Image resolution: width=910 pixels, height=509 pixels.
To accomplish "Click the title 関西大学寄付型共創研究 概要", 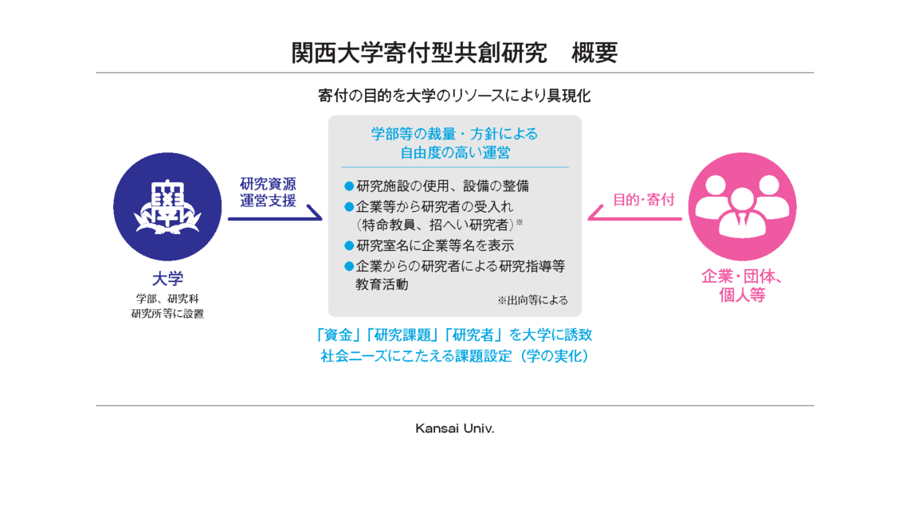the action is (454, 53).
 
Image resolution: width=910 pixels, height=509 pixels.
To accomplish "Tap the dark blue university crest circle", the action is (167, 206).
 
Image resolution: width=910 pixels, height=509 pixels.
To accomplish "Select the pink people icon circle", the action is (743, 206).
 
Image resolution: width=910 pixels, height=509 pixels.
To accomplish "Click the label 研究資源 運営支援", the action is (268, 192).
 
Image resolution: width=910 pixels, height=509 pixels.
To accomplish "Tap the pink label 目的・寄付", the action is (644, 200).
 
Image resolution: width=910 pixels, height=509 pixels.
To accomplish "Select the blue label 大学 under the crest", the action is (167, 279).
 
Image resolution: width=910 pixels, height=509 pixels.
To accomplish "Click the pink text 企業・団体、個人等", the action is (743, 285).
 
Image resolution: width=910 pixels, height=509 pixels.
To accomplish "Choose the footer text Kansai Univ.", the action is (455, 429).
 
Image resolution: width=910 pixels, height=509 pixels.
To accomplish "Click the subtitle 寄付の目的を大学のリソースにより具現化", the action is (454, 96).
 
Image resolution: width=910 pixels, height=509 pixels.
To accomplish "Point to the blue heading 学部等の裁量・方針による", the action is (454, 134).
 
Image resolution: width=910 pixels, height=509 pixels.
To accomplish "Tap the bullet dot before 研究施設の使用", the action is (349, 186).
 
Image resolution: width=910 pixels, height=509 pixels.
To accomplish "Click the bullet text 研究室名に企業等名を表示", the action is (435, 245).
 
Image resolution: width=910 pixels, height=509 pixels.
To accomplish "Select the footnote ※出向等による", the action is (532, 300).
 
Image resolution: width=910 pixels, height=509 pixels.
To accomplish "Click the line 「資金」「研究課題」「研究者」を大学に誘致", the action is (454, 335).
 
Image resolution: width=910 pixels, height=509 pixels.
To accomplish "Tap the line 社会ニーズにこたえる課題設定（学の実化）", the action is (454, 356).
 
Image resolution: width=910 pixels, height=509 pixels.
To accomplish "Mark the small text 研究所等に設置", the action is (167, 314).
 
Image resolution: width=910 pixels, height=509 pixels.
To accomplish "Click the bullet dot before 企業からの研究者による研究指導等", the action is (349, 266).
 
